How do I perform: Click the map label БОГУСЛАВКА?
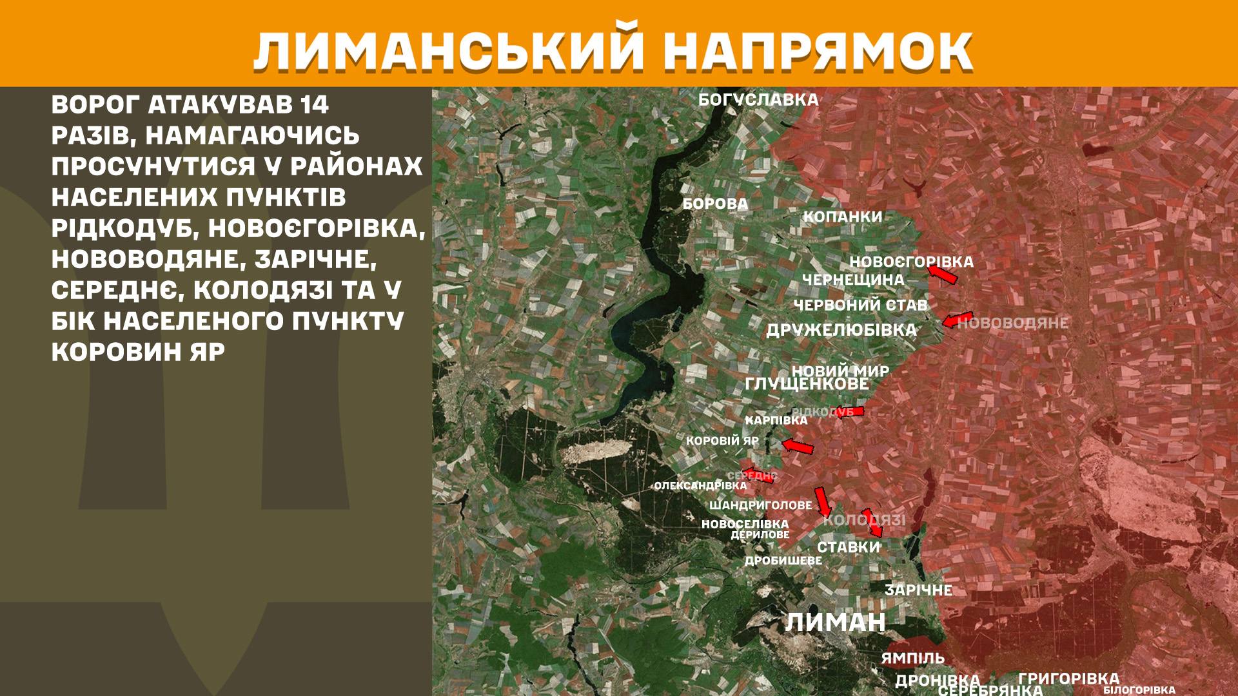[758, 100]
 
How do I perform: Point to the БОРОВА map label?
[715, 204]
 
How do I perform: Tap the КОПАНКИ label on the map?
[842, 217]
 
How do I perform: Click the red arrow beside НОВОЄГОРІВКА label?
[943, 275]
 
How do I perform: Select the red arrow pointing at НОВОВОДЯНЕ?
[957, 319]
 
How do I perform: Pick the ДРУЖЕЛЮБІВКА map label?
[841, 331]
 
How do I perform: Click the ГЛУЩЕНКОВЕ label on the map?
[807, 384]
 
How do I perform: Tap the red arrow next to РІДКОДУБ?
[849, 412]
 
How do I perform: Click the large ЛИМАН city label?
[835, 623]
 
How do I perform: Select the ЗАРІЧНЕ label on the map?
[918, 590]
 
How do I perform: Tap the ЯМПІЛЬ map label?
[912, 659]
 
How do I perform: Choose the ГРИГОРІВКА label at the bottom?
[1068, 679]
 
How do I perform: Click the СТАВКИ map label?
[848, 548]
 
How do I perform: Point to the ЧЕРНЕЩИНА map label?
[852, 280]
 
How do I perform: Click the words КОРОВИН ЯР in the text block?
[138, 351]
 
